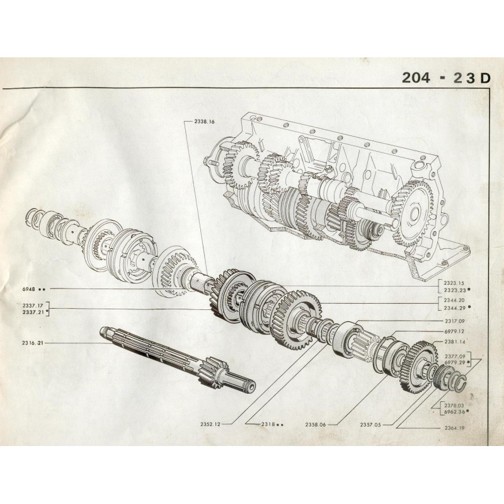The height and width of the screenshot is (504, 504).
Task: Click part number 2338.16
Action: [204, 122]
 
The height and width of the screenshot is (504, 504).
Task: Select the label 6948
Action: [28, 289]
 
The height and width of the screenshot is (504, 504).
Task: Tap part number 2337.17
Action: [33, 306]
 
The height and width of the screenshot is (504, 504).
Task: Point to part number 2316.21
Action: [33, 343]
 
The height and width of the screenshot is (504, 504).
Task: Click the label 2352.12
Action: [210, 424]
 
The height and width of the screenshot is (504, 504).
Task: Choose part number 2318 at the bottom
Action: [268, 424]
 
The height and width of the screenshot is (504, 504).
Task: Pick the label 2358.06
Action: [316, 425]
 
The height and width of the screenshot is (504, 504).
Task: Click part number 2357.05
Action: [370, 425]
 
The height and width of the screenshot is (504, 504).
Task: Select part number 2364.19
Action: [454, 428]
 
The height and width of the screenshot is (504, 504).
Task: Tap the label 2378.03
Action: [454, 406]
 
